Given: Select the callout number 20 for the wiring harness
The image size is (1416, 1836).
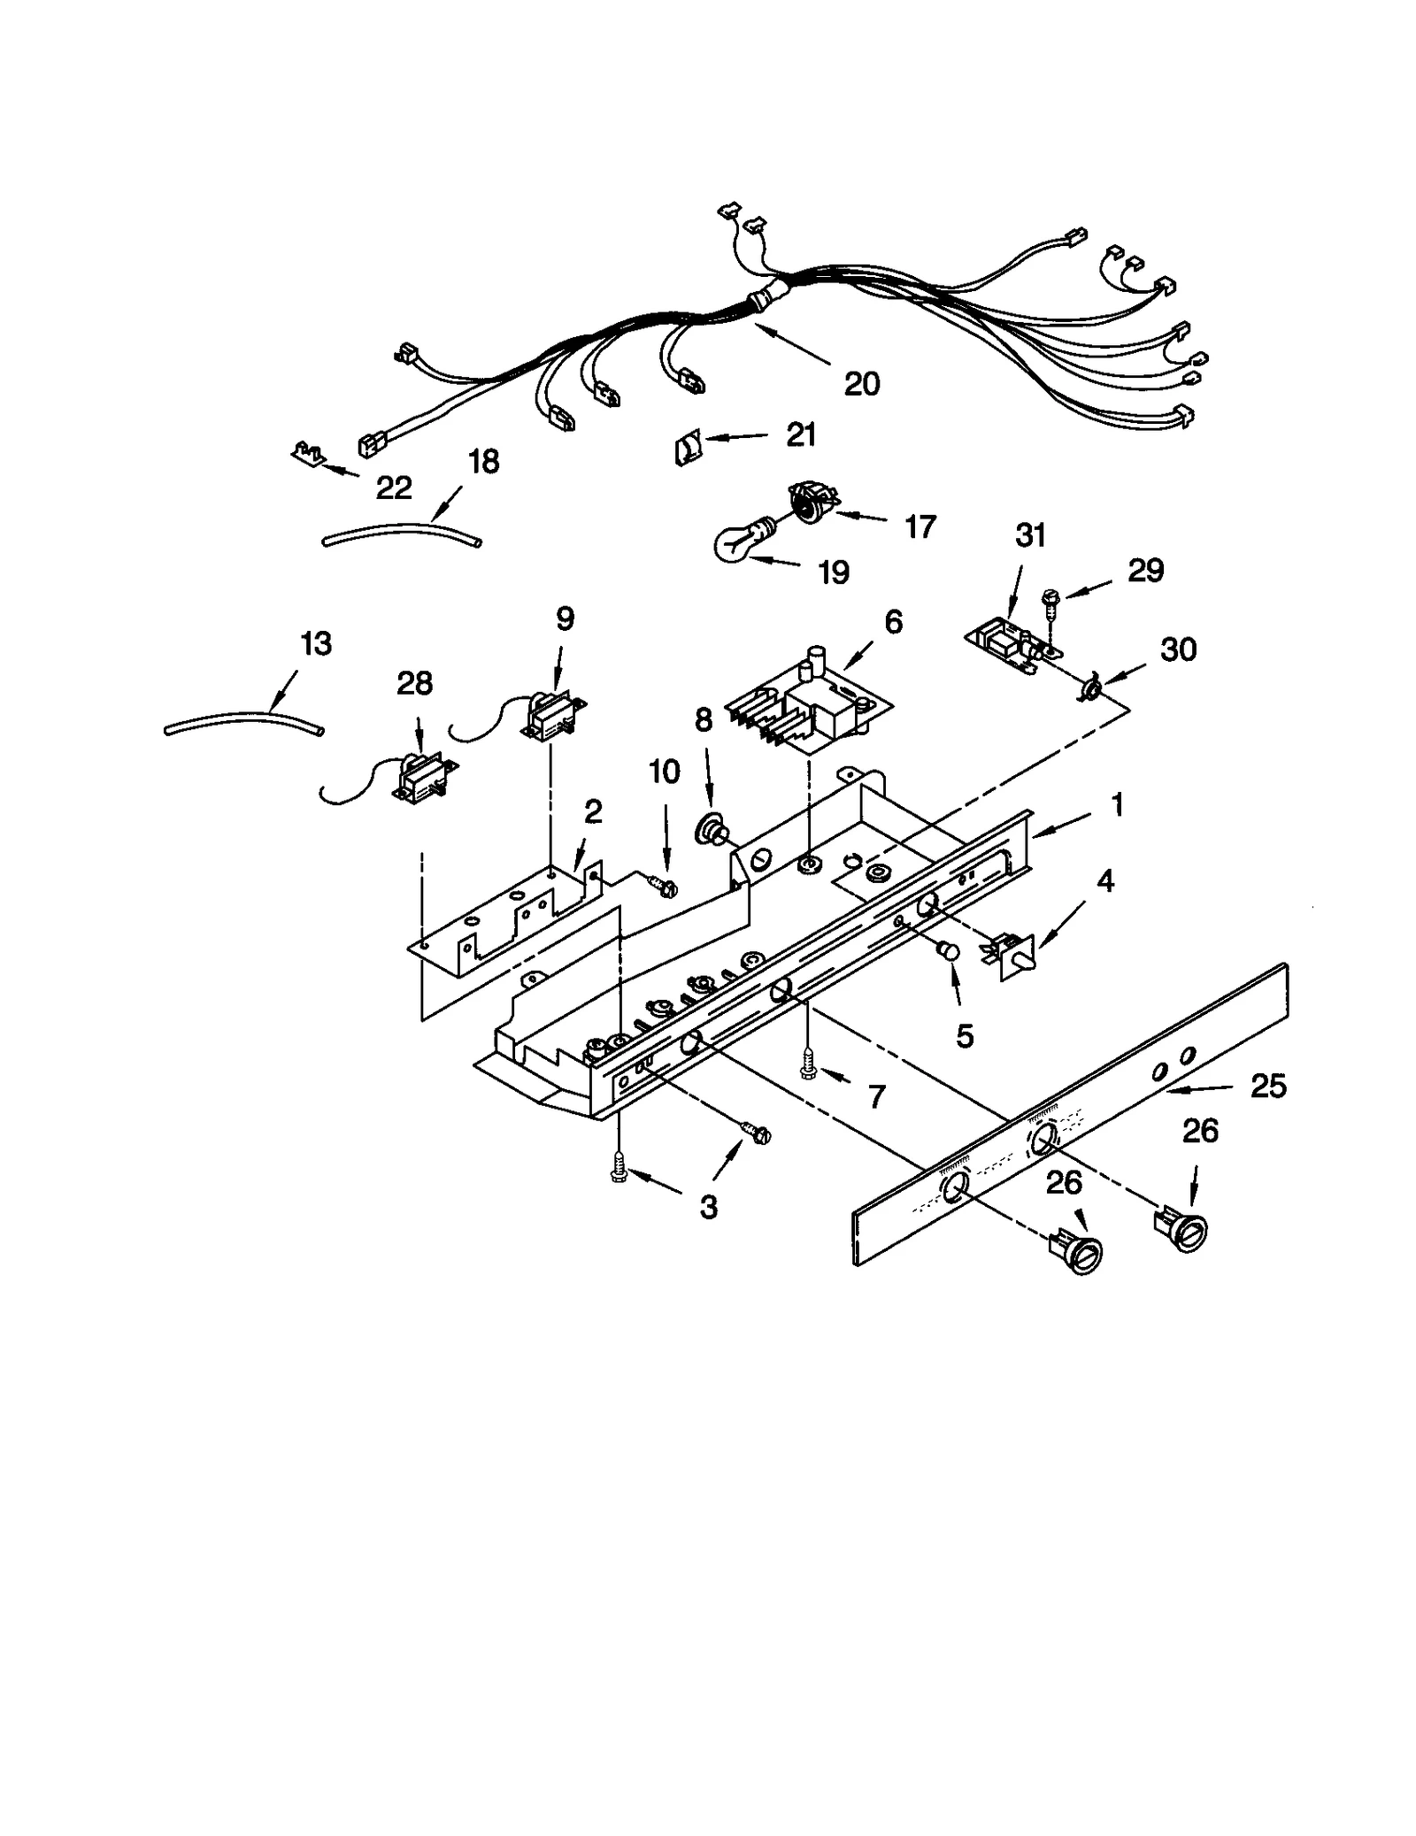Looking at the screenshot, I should coord(861,384).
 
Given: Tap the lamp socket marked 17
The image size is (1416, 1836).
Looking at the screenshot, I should coord(807,503).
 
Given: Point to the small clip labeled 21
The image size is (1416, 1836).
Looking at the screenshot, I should coord(689,449).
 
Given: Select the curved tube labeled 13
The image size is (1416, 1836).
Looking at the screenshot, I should coord(243,722).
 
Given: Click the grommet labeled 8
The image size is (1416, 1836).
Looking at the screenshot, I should coord(709,829).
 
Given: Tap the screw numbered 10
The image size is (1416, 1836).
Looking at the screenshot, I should coord(660,883).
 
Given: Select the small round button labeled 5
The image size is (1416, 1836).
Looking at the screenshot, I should coord(948,950).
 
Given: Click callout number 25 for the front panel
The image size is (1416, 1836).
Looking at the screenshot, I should coord(1267,1086).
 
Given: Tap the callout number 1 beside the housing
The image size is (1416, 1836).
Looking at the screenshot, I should coord(1117,805).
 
